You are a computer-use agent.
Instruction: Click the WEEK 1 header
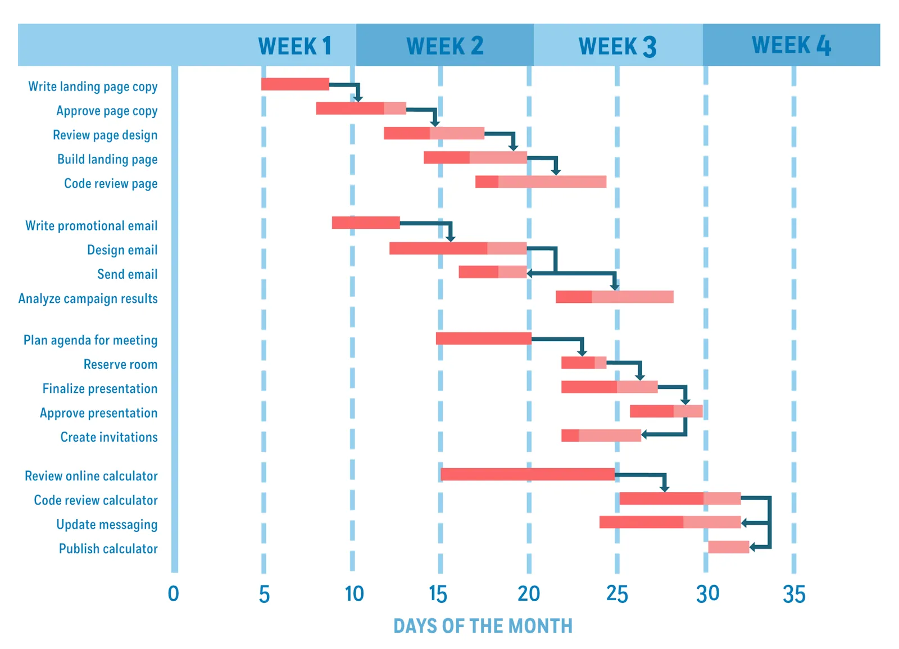[x=294, y=46]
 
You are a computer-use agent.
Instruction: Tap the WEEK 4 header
[x=791, y=45]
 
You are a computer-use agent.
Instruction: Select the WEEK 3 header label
[x=617, y=46]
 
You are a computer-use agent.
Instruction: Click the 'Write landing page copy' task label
[x=93, y=87]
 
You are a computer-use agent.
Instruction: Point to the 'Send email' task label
[x=127, y=274]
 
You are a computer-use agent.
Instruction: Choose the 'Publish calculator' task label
[x=108, y=548]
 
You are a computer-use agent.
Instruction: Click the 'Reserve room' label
[x=120, y=364]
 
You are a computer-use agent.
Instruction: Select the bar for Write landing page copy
[x=295, y=84]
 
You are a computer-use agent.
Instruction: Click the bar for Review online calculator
[x=528, y=474]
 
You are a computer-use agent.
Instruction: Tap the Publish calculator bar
[x=728, y=547]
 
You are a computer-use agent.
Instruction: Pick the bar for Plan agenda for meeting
[x=483, y=338]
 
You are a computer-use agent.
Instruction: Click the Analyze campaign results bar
[x=614, y=297]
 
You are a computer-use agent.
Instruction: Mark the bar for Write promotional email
[x=366, y=223]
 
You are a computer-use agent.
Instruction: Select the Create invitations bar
[x=601, y=435]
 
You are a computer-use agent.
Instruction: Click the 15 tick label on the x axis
[x=438, y=594]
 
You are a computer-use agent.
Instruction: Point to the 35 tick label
[x=793, y=594]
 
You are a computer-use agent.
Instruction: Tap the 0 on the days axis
[x=174, y=594]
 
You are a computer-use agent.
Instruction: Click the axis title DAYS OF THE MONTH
[x=483, y=626]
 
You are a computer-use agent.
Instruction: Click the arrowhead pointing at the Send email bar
[x=530, y=273]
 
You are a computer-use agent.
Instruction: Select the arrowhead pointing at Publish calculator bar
[x=753, y=547]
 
